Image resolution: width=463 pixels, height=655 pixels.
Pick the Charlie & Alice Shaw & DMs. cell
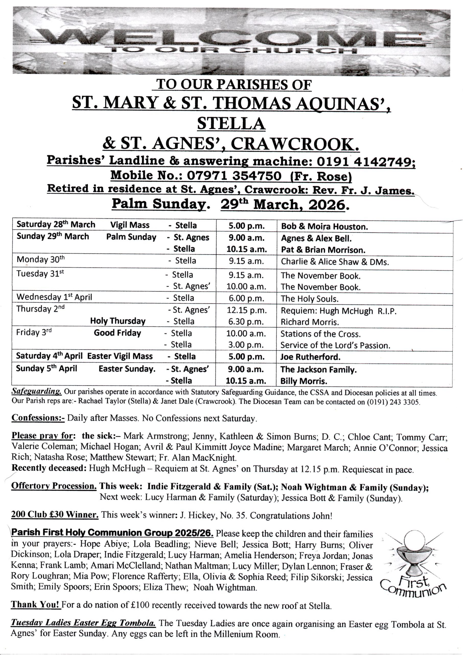point(335,262)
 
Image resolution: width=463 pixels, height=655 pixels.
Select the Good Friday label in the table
point(118,333)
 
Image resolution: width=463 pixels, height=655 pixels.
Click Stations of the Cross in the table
point(320,334)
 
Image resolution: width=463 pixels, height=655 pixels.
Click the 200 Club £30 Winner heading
point(55,515)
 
